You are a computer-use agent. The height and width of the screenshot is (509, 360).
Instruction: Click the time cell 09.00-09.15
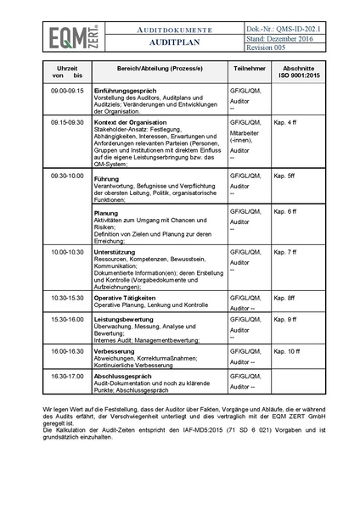[x=68, y=89]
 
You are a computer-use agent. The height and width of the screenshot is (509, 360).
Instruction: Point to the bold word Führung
[x=107, y=180]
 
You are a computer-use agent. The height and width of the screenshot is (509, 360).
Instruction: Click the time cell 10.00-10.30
[x=68, y=252]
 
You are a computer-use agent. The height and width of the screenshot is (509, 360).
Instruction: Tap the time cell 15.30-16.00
[x=68, y=319]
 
